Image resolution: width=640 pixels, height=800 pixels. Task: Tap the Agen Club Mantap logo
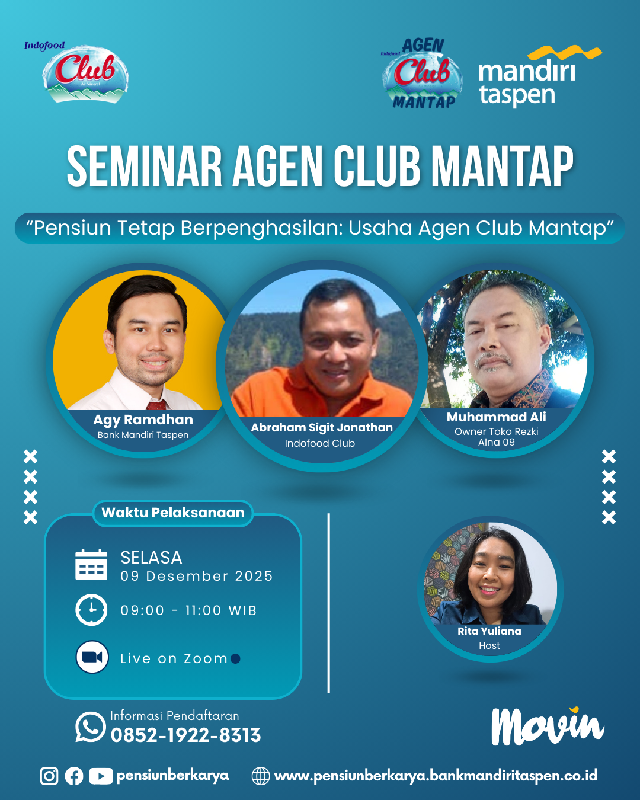422,73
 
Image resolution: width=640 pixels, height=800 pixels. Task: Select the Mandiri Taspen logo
539,76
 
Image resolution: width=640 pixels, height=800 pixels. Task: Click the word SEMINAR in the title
145,166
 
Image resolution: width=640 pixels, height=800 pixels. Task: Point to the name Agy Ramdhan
143,420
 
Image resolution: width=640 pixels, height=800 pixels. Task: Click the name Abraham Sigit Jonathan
322,427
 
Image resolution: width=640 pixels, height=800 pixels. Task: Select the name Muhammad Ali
496,417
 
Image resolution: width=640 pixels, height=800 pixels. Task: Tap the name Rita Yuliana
489,631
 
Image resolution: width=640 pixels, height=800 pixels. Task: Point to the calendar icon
91,564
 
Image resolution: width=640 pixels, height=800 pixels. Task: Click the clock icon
91,610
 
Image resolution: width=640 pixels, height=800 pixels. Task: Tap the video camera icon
92,657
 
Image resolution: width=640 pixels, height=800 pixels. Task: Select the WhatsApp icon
90,727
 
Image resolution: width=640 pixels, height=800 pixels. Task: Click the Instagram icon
49,776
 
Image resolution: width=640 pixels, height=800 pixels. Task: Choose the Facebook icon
74,776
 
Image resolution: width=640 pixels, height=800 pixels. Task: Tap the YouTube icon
101,776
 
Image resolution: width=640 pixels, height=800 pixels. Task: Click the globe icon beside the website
261,776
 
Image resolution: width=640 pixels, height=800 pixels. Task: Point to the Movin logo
548,726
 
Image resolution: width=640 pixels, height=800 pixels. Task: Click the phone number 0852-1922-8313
185,735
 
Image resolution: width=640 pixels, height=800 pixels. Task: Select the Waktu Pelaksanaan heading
173,513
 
